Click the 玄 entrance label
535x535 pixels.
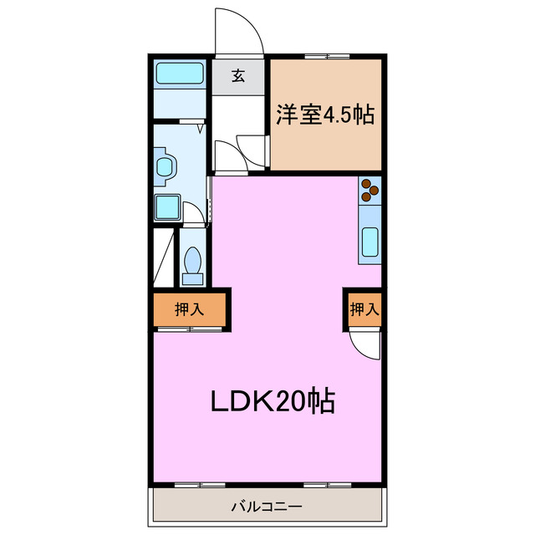(x=238, y=76)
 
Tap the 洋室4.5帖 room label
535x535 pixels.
(x=325, y=115)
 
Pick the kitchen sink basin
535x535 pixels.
(x=369, y=243)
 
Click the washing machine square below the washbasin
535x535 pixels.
(x=167, y=206)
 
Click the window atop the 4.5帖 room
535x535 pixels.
(x=327, y=57)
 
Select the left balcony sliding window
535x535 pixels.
(x=201, y=484)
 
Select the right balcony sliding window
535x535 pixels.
(x=327, y=484)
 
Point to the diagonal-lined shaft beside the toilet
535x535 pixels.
(x=164, y=255)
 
